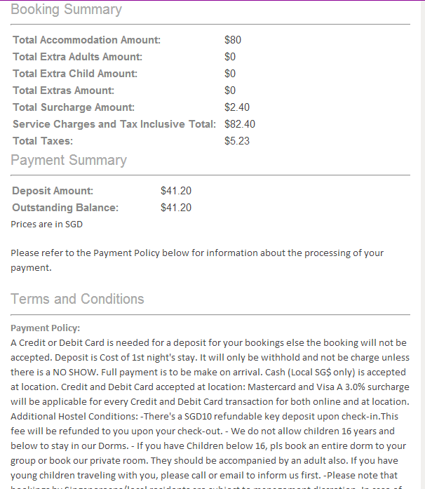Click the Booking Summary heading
point(66,10)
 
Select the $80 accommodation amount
point(232,40)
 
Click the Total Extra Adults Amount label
point(77,57)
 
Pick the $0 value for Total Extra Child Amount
point(230,74)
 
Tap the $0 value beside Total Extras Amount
point(230,91)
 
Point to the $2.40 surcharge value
point(236,107)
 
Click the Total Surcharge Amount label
point(74,107)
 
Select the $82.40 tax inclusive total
point(239,124)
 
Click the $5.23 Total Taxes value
point(236,141)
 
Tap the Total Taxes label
point(43,141)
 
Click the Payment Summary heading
point(69,160)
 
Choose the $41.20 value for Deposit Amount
point(175,191)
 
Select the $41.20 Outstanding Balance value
point(175,208)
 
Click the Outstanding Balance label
point(65,208)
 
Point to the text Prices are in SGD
point(46,225)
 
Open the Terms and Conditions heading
point(77,299)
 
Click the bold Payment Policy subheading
point(46,328)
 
